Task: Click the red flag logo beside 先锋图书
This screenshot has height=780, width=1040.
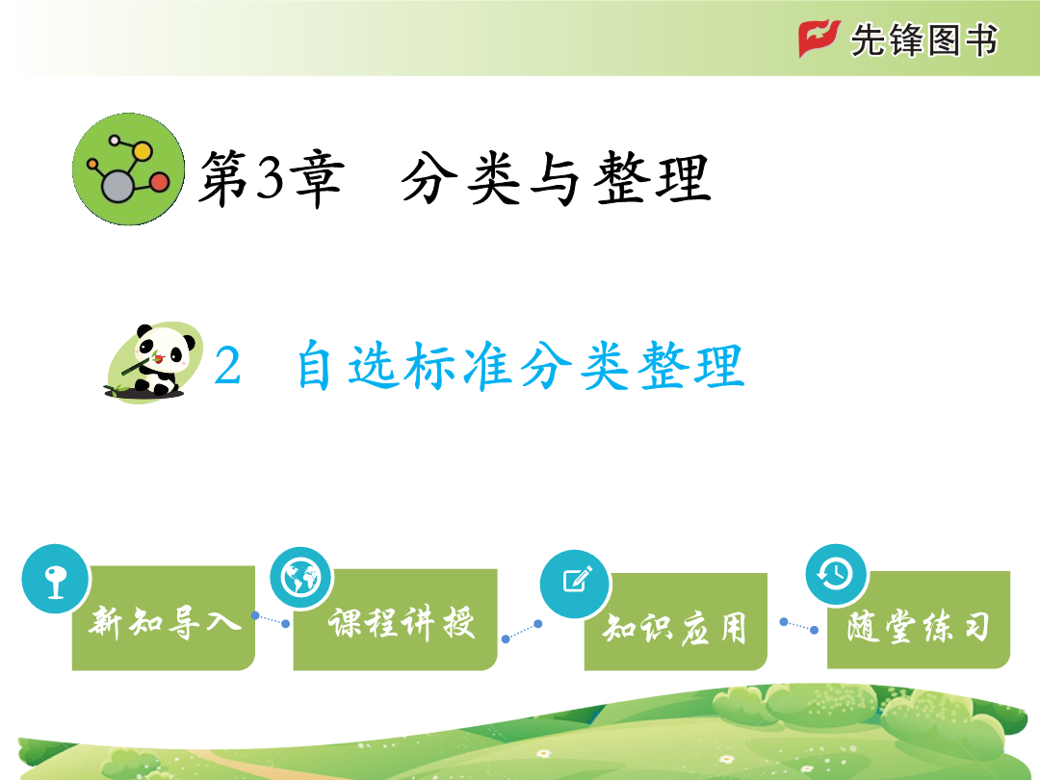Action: [x=819, y=39]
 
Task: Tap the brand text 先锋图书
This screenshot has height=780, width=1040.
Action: [x=923, y=39]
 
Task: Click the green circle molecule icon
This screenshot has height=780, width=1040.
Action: [x=128, y=169]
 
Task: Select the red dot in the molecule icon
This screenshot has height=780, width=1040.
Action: [x=159, y=182]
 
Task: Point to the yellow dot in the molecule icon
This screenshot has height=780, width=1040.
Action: [x=142, y=151]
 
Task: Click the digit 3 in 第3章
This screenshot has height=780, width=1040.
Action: [x=270, y=178]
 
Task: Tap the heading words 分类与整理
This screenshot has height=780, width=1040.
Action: [x=556, y=178]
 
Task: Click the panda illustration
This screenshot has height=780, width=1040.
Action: [x=154, y=362]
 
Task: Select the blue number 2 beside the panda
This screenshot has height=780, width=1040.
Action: [x=227, y=366]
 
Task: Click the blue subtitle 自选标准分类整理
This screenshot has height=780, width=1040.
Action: [x=521, y=366]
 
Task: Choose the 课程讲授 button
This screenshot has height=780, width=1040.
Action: [x=396, y=620]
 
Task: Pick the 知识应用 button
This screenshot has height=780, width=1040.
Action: [x=676, y=622]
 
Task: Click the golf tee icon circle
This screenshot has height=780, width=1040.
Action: [x=55, y=579]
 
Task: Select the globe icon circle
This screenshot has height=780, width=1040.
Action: [x=301, y=579]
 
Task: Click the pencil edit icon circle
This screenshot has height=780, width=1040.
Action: [x=575, y=584]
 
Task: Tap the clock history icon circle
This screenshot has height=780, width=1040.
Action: [x=836, y=574]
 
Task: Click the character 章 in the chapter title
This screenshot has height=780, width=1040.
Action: [x=319, y=178]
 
